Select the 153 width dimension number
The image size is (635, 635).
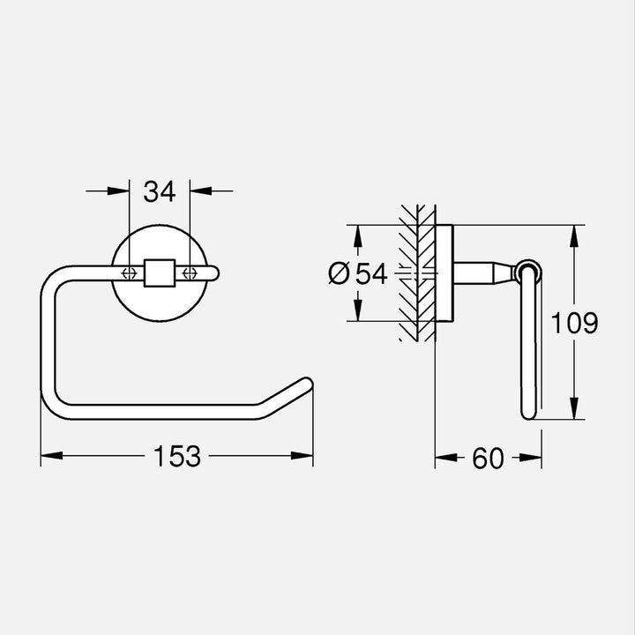click(x=177, y=456)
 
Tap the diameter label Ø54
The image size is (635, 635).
click(x=357, y=274)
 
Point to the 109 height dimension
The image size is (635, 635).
click(x=574, y=323)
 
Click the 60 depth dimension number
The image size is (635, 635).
click(x=488, y=457)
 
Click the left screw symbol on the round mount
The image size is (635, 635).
click(x=129, y=273)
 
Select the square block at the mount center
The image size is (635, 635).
click(x=159, y=273)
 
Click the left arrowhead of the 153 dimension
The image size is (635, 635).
click(x=49, y=456)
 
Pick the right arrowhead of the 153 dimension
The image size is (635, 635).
click(x=305, y=456)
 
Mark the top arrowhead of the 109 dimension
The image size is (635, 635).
click(x=574, y=234)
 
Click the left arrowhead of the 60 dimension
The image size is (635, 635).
click(x=444, y=457)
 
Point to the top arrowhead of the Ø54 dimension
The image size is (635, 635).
click(x=357, y=234)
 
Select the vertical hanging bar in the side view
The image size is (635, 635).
click(x=529, y=353)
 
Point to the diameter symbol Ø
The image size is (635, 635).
click(x=338, y=274)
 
